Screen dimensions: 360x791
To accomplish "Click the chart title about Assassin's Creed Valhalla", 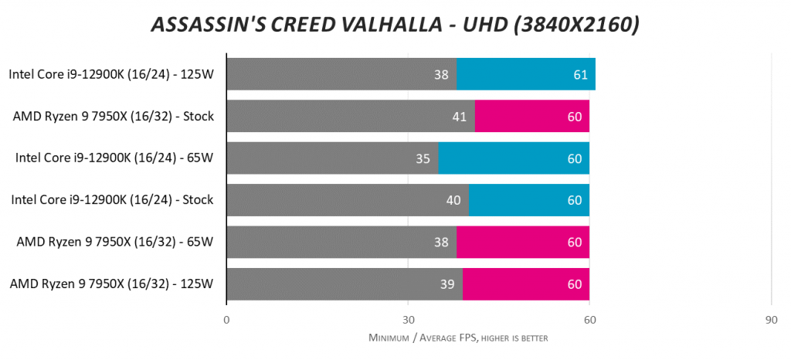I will point(395,25).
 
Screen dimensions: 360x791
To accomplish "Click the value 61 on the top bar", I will point(580,75).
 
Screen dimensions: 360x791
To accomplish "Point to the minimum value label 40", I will point(455,200).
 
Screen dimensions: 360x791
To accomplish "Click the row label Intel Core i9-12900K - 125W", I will point(111,75).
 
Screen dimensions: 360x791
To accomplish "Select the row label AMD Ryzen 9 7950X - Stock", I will point(113,117).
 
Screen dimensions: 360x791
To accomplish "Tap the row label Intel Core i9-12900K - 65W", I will point(114,158).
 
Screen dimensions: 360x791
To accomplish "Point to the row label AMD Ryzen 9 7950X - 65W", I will point(114,243).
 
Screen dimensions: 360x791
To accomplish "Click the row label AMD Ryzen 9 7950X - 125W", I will point(111,284).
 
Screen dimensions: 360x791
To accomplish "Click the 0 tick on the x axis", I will point(226,319).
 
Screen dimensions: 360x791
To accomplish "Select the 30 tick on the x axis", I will point(408,319).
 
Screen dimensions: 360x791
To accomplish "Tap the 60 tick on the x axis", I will point(589,319).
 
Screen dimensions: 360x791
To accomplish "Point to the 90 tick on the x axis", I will point(771,319).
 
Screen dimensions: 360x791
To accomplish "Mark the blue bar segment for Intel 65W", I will point(514,158).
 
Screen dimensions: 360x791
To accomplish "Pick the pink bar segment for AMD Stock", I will point(532,117).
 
